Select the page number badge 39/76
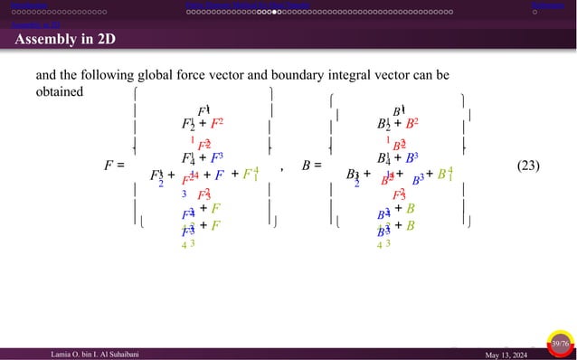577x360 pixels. point(560,344)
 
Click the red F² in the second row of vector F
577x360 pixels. point(217,124)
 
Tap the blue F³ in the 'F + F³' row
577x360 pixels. point(217,156)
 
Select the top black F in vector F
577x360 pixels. point(203,110)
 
